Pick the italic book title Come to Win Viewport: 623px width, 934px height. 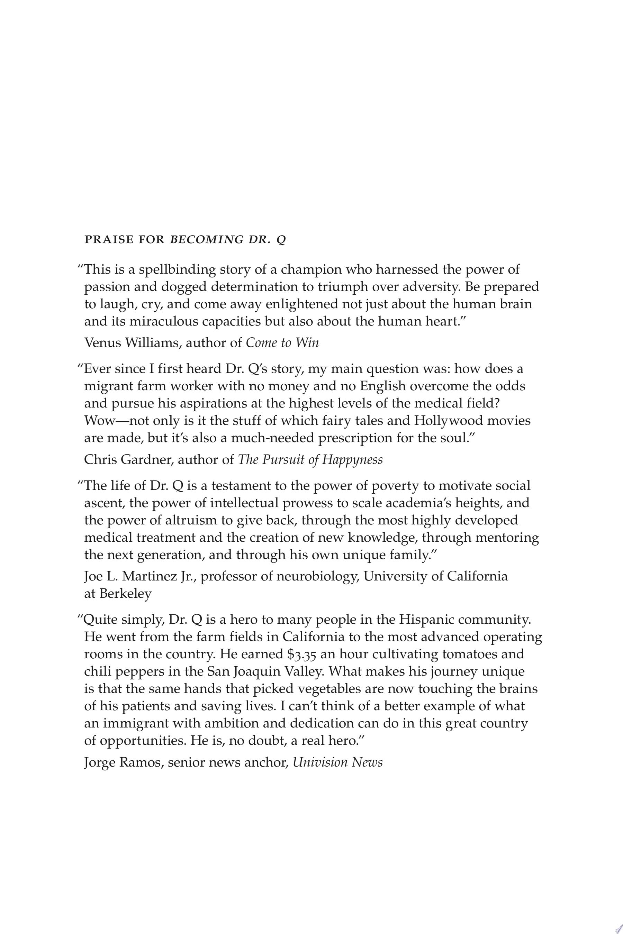pos(282,343)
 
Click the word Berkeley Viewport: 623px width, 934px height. pos(125,594)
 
